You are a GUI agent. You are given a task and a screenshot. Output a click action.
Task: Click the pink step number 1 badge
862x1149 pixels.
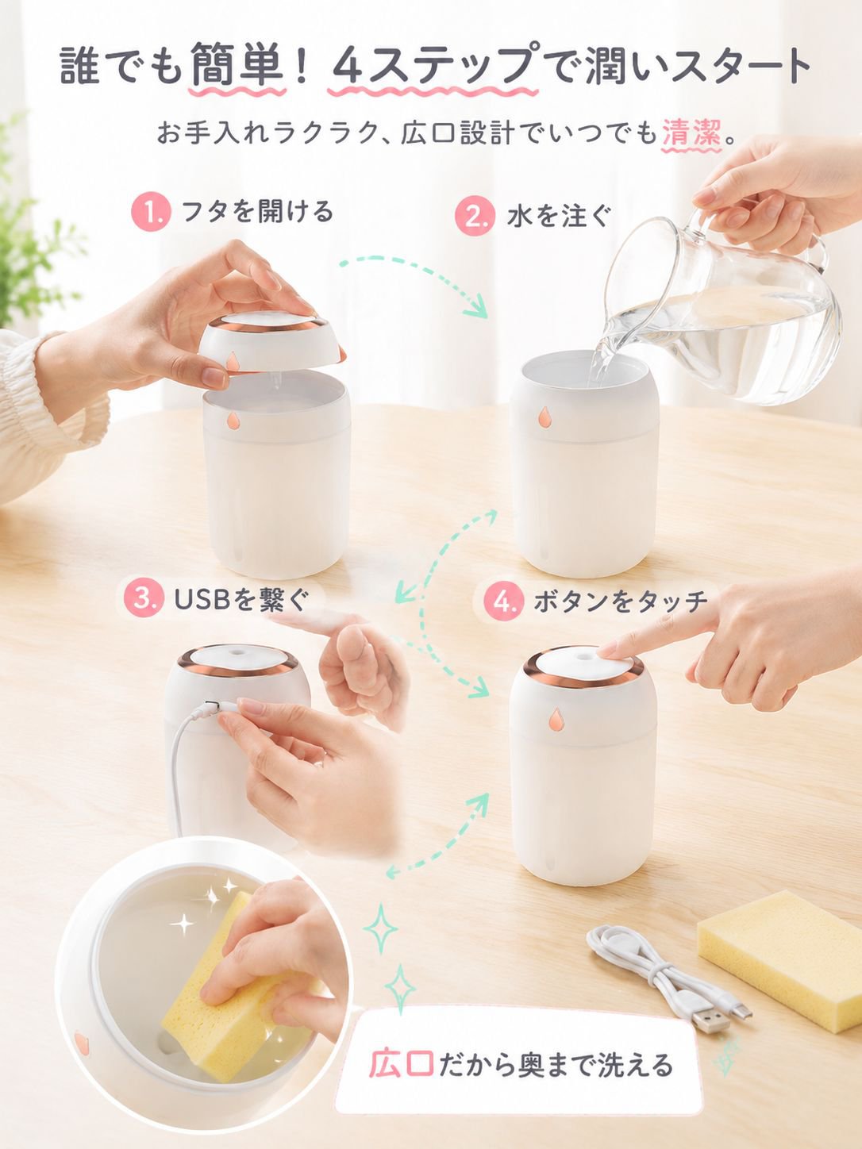point(152,213)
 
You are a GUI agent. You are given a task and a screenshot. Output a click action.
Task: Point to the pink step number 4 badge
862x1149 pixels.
point(503,601)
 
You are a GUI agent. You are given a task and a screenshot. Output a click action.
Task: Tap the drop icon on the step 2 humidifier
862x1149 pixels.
point(545,416)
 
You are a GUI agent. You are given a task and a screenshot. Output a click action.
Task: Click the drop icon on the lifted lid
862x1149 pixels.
point(233,362)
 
